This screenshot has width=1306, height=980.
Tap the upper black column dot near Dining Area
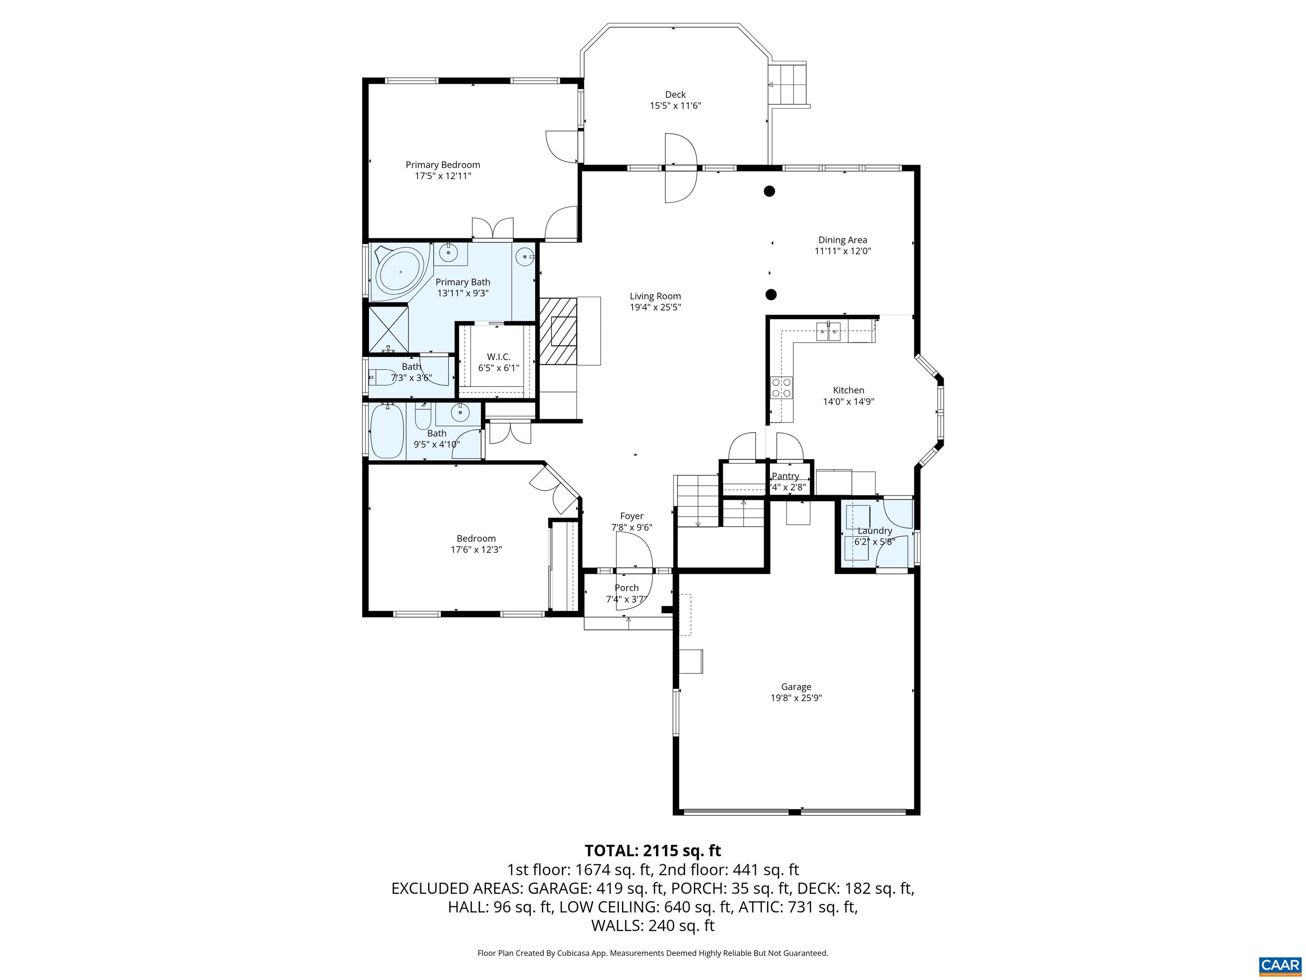pos(769,191)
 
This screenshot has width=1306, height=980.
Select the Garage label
pos(795,687)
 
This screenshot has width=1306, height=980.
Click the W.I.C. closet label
pos(498,357)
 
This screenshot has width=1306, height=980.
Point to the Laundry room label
pos(874,530)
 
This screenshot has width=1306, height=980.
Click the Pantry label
pos(785,476)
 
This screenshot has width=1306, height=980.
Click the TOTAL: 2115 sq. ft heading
pos(653,851)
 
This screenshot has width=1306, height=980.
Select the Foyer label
pos(631,516)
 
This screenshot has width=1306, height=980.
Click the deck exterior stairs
pos(790,85)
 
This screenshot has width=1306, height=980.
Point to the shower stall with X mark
pos(389,329)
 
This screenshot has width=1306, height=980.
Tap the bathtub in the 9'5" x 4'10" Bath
pos(387,430)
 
